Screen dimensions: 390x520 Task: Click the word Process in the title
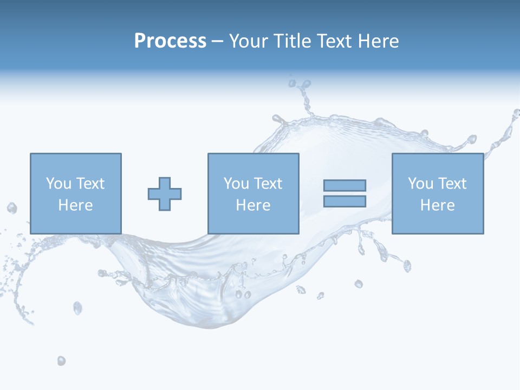170,41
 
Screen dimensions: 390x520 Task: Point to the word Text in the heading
334,41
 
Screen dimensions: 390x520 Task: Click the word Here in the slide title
378,41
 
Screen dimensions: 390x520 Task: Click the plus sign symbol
165,193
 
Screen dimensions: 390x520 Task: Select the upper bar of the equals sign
344,185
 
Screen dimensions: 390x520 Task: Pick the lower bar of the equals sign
344,201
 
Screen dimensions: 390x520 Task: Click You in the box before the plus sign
58,183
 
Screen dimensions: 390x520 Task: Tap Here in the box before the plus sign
75,205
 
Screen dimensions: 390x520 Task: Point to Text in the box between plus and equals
268,183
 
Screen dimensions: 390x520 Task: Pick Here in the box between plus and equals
253,205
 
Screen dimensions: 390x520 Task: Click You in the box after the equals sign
420,183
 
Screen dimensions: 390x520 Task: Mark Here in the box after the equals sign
437,205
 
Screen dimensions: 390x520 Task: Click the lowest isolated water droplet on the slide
61,361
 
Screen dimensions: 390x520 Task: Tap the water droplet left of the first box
11,208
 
